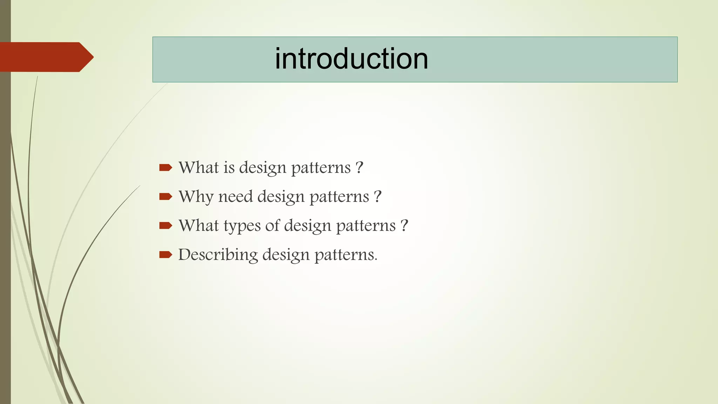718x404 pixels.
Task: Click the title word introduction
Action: [x=351, y=59]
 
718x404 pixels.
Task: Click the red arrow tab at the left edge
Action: [x=46, y=57]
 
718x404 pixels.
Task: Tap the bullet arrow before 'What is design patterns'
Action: [x=165, y=168]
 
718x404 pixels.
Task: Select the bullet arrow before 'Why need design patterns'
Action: [x=165, y=196]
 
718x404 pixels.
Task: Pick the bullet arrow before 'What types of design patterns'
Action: [x=165, y=225]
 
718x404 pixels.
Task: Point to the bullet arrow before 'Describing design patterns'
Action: [x=165, y=255]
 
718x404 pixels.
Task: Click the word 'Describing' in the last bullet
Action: [x=218, y=255]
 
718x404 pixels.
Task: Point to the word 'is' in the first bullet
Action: [x=229, y=168]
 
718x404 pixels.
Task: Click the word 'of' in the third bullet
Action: [x=272, y=225]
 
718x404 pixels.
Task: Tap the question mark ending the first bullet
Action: [x=359, y=168]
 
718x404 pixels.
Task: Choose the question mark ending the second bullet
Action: [x=378, y=197]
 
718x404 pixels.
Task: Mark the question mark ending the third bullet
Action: [x=405, y=225]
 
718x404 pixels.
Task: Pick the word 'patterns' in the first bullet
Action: [x=321, y=168]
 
